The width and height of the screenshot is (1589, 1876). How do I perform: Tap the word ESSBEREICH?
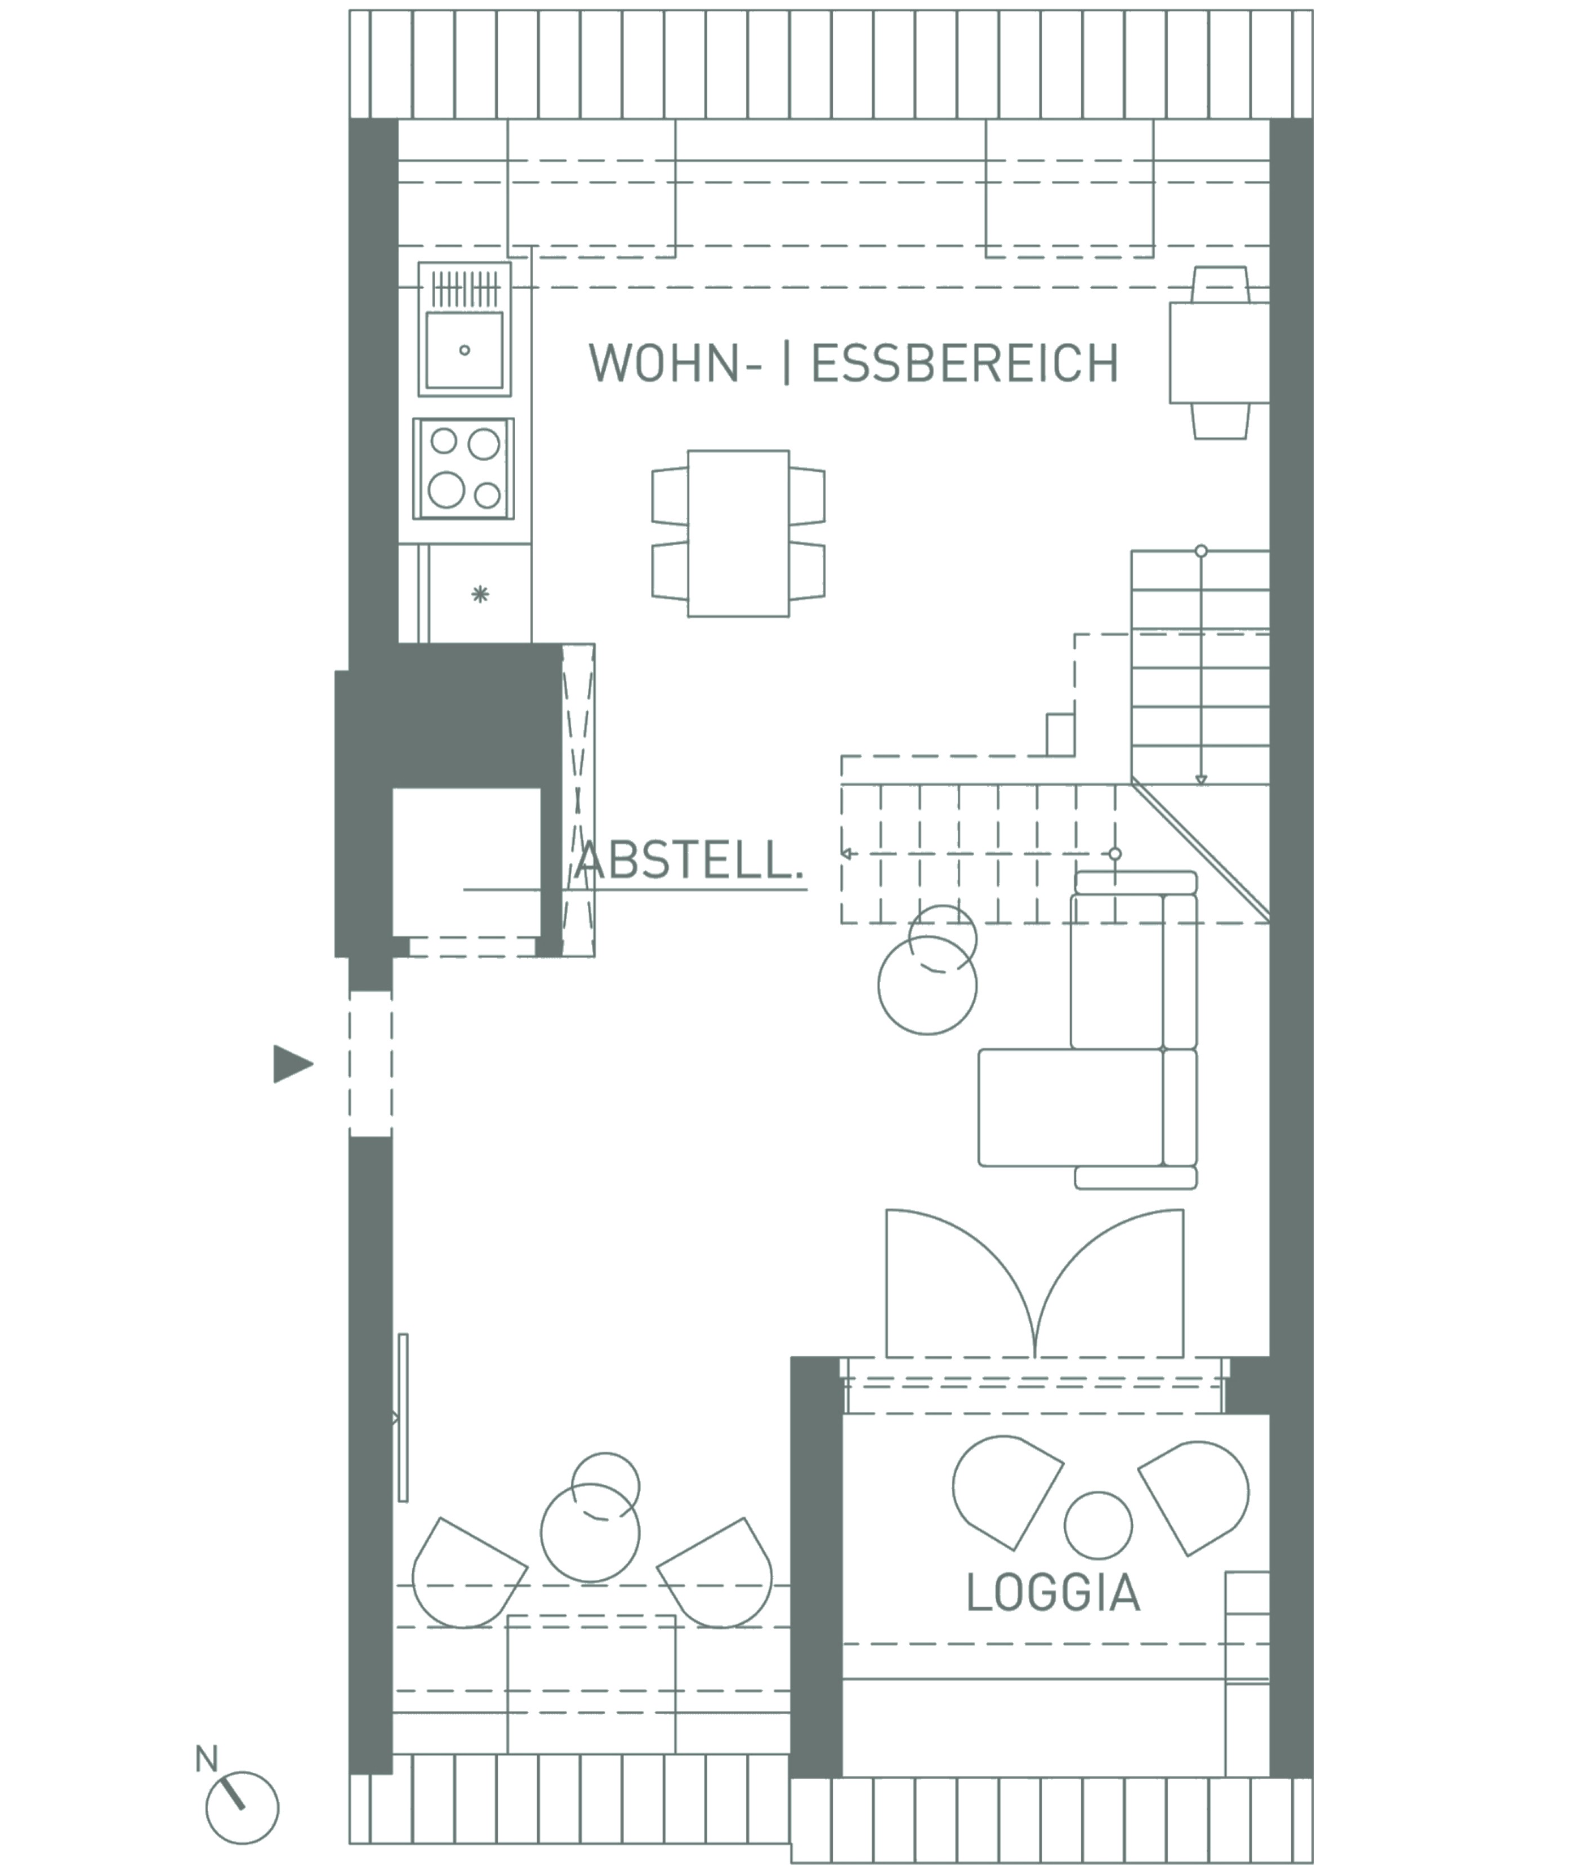click(965, 363)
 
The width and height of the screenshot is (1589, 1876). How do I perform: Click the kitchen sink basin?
click(464, 350)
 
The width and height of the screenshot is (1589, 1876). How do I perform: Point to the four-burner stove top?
click(464, 467)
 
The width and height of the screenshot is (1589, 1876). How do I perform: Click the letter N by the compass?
click(206, 1758)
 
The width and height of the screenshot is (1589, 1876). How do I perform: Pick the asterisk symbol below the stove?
click(480, 594)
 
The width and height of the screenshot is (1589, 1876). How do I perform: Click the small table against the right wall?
click(1220, 353)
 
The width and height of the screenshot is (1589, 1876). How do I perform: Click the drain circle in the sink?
click(465, 350)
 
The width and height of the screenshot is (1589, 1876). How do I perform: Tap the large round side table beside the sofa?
click(927, 985)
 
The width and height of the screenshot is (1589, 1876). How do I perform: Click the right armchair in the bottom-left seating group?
click(715, 1572)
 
